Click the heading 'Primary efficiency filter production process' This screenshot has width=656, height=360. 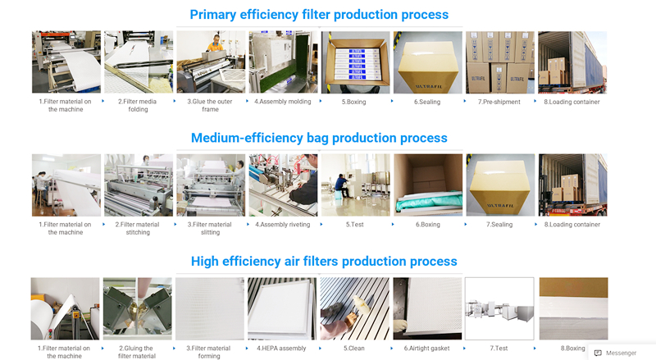pyautogui.click(x=319, y=15)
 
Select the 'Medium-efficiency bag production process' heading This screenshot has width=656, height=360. pyautogui.click(x=319, y=138)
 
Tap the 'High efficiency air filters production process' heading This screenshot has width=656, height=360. pyautogui.click(x=324, y=262)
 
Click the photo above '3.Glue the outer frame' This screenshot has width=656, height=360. pyautogui.click(x=211, y=62)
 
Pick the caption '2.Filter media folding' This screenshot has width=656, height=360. pyautogui.click(x=138, y=106)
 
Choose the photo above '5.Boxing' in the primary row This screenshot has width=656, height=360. pyautogui.click(x=355, y=62)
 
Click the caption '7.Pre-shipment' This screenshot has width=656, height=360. pyautogui.click(x=499, y=102)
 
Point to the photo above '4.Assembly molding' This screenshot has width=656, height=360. pyautogui.click(x=283, y=62)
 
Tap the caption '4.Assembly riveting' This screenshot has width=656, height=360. pyautogui.click(x=283, y=224)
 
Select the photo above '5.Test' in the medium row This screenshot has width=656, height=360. pyautogui.click(x=355, y=185)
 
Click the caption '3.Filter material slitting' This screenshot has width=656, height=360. pyautogui.click(x=211, y=228)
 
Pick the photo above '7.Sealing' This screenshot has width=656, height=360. pyautogui.click(x=500, y=185)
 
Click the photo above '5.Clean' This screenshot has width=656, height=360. pyautogui.click(x=355, y=308)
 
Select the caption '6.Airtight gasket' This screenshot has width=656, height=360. pyautogui.click(x=427, y=348)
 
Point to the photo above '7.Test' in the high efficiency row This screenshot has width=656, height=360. pyautogui.click(x=499, y=308)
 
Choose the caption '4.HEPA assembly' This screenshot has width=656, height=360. pyautogui.click(x=283, y=348)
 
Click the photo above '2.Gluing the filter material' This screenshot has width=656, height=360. pyautogui.click(x=138, y=308)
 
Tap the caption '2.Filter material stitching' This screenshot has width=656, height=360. pyautogui.click(x=138, y=228)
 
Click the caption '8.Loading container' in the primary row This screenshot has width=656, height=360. pyautogui.click(x=572, y=102)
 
